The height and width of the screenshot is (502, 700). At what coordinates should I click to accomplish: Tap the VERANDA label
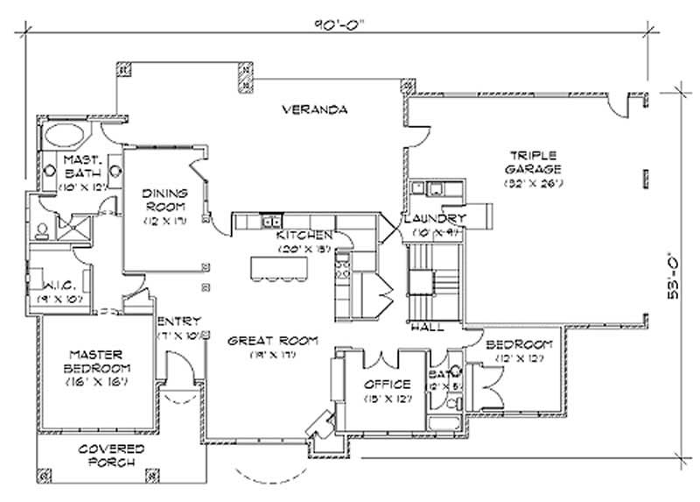316,110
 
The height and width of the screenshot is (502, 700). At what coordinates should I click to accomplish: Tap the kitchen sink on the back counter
271,219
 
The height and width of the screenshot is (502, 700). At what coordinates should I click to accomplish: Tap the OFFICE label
387,384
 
